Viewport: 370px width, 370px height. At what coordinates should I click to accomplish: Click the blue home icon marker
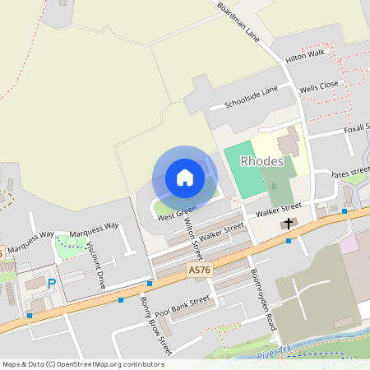185,178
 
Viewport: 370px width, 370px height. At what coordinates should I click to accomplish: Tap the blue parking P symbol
52,284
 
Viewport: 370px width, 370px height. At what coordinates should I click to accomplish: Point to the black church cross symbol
288,223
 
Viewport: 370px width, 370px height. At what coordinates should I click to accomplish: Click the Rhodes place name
263,161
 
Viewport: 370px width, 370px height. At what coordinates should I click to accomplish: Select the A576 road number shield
198,269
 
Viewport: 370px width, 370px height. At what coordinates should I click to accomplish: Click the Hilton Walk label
306,57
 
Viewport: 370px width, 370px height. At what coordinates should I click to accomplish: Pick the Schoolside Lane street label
251,98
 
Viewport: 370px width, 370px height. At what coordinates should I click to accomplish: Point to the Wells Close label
319,86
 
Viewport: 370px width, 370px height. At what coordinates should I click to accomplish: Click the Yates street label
349,173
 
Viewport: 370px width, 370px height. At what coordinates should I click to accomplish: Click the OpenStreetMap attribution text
83,363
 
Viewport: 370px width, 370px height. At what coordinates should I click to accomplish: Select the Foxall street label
351,128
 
